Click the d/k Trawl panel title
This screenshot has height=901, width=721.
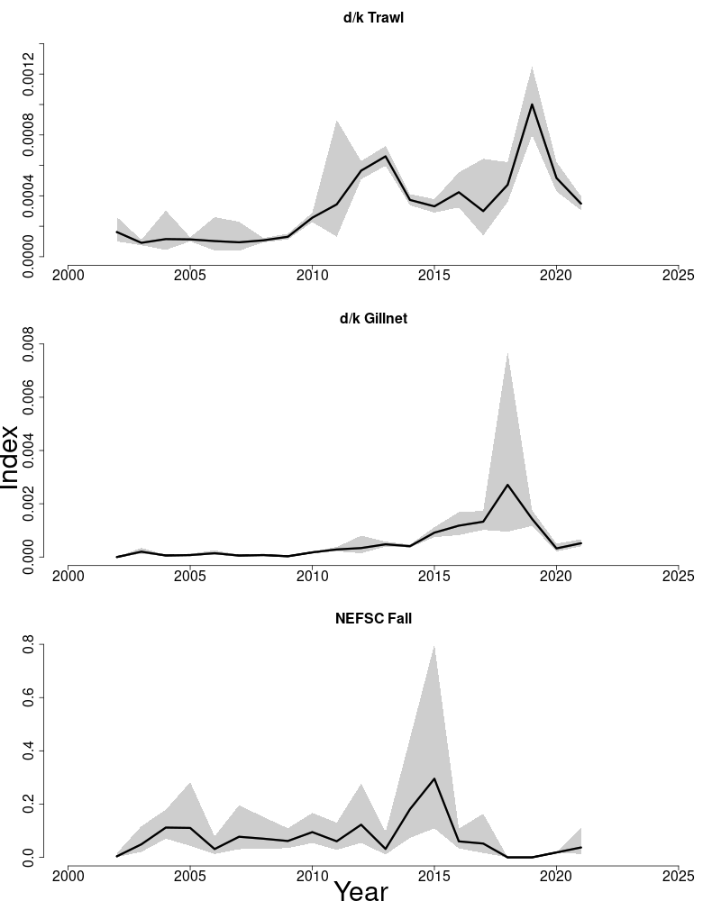[x=373, y=17]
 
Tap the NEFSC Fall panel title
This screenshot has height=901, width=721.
[x=373, y=618]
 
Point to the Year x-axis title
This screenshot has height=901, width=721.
[x=360, y=890]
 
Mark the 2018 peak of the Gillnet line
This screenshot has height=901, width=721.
[x=507, y=485]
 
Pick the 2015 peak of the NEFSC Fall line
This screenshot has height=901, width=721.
[x=434, y=778]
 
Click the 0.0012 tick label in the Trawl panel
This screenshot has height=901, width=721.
[x=29, y=74]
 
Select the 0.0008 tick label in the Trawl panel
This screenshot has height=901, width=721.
[x=29, y=135]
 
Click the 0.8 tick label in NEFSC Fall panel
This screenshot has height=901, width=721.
[x=29, y=645]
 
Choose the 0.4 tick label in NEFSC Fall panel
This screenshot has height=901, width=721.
[x=29, y=751]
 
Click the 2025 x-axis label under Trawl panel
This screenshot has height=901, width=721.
[x=678, y=275]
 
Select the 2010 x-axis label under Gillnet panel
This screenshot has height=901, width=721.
[x=312, y=575]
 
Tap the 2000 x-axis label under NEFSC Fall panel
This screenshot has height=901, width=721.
[x=68, y=875]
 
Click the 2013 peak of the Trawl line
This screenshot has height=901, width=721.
[x=386, y=156]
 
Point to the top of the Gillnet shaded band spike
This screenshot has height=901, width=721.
[x=507, y=352]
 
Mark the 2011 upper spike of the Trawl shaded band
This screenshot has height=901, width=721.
[x=336, y=121]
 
